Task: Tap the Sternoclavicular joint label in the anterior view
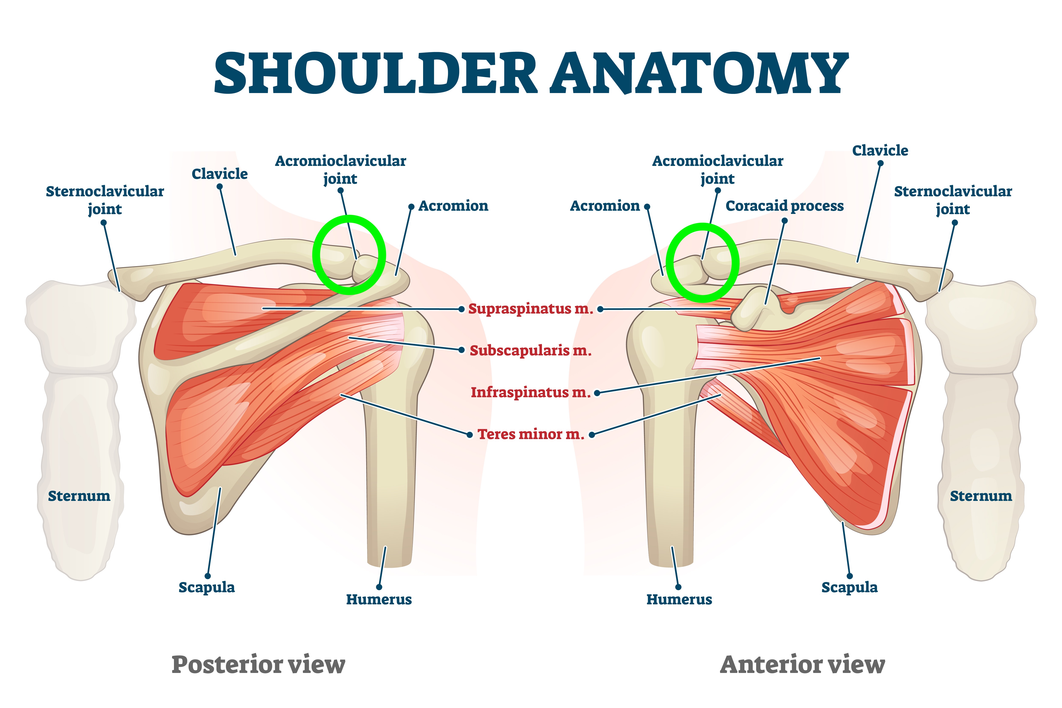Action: [953, 200]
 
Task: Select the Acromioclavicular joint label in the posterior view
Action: [340, 170]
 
